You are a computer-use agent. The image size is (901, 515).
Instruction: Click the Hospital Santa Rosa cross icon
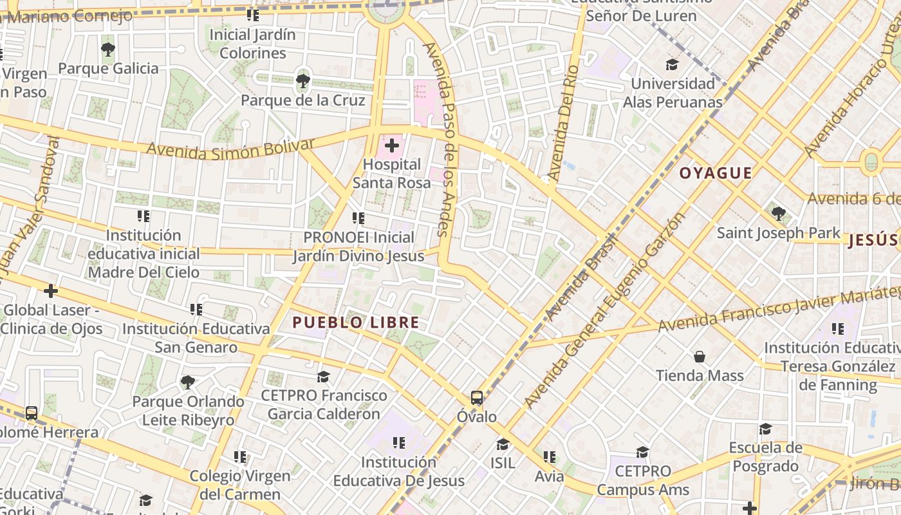click(x=391, y=145)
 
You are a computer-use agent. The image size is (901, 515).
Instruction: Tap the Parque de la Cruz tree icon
click(x=302, y=81)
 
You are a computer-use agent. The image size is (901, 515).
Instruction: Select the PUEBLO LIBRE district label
click(x=356, y=323)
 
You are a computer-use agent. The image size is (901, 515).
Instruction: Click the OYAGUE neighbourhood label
click(x=716, y=173)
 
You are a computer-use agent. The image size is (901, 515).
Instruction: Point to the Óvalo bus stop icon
click(x=476, y=398)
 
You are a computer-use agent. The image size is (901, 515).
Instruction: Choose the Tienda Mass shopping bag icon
click(x=700, y=357)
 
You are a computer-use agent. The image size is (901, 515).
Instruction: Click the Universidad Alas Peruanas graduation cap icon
click(x=672, y=65)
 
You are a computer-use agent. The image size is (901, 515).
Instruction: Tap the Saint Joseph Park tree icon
click(x=778, y=213)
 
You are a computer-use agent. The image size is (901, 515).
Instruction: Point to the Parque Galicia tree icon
click(x=107, y=50)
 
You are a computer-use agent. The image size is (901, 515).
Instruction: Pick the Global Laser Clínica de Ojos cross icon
click(x=51, y=291)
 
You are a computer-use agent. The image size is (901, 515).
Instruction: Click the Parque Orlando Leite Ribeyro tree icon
click(x=187, y=382)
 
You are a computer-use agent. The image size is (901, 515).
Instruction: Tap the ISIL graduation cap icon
click(x=503, y=444)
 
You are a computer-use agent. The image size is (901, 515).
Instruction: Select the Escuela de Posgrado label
click(x=765, y=456)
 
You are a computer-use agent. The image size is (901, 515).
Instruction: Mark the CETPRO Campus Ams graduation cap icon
click(x=642, y=452)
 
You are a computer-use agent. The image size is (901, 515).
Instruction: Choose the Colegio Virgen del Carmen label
click(x=240, y=485)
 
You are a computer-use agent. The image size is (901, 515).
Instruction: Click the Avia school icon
click(x=549, y=457)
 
